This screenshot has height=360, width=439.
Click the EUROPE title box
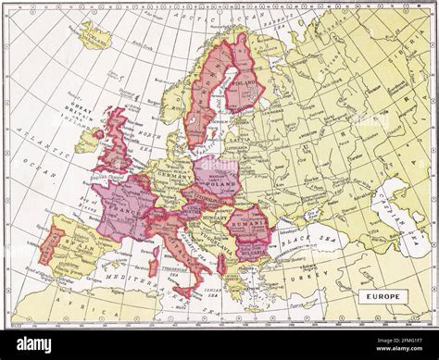[378, 296]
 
